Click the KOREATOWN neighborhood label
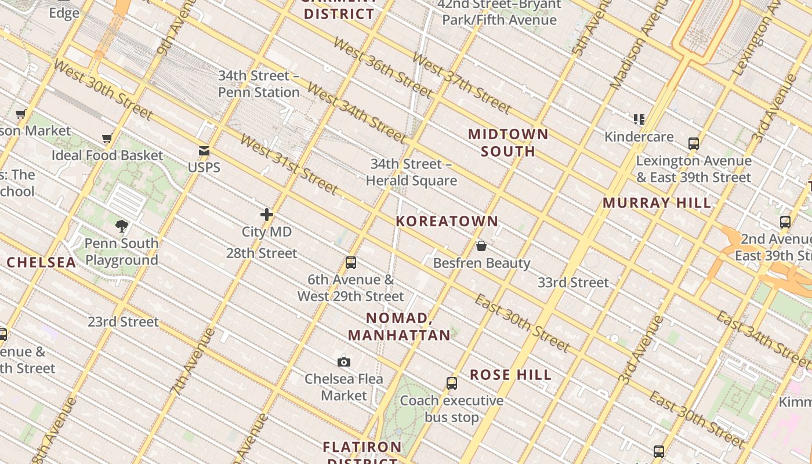(447, 221)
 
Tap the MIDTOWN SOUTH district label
(508, 143)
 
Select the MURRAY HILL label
(657, 203)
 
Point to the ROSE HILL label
(510, 375)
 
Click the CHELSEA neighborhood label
(41, 262)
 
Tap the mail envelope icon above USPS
(204, 151)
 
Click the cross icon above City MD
(267, 215)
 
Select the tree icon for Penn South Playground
(121, 226)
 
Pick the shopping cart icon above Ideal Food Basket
(107, 139)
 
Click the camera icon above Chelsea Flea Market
(344, 362)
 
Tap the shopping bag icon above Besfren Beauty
(481, 246)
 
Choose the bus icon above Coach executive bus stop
(452, 383)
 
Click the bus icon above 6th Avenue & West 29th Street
(351, 263)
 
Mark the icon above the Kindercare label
(639, 119)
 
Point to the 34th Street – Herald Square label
(411, 172)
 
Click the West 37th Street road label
(462, 84)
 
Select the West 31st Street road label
(288, 164)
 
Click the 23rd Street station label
(123, 321)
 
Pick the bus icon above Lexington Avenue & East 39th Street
(694, 144)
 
